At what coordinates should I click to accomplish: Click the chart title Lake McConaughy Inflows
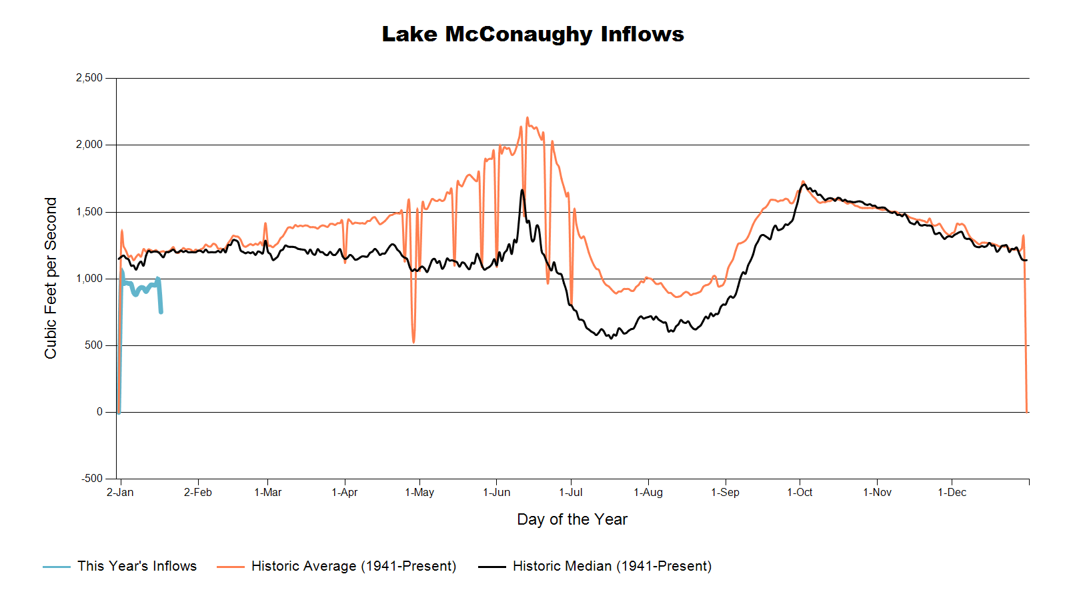tap(533, 34)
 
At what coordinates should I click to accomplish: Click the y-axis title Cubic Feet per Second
tap(51, 278)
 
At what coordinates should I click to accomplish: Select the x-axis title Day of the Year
tap(572, 519)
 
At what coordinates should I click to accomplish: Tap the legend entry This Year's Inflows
tap(137, 566)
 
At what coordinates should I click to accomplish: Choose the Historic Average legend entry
tap(353, 566)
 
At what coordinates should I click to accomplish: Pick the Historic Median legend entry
tap(612, 566)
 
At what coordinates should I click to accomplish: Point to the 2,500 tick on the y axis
tap(89, 78)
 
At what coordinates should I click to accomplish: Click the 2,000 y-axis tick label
tap(89, 145)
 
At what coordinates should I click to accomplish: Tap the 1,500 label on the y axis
tap(89, 212)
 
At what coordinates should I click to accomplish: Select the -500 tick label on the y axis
tap(92, 479)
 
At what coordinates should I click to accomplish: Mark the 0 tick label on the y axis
tap(99, 412)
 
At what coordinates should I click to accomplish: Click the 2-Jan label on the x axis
tap(120, 493)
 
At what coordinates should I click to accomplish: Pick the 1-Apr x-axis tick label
tap(345, 493)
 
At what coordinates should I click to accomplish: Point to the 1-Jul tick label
tap(571, 493)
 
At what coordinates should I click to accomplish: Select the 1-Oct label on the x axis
tap(800, 493)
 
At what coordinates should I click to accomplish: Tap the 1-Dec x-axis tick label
tap(952, 493)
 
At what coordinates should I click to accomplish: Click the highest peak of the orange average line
tap(527, 118)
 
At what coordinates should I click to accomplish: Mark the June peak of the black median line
tap(522, 190)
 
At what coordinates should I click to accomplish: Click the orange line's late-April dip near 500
tap(413, 342)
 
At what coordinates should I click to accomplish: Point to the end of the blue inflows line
tap(161, 312)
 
